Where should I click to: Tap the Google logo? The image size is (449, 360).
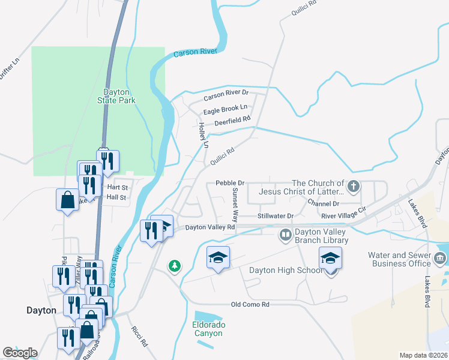(20, 353)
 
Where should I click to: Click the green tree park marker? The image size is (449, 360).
(175, 265)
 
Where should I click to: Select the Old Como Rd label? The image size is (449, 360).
(250, 305)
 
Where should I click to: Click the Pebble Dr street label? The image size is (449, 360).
(230, 182)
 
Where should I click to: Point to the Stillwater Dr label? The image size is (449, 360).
(276, 215)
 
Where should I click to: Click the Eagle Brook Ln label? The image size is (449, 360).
(225, 109)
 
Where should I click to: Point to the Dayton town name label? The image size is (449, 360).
(41, 310)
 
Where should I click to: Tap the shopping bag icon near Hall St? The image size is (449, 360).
(67, 199)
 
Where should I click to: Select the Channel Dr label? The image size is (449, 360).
(323, 204)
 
